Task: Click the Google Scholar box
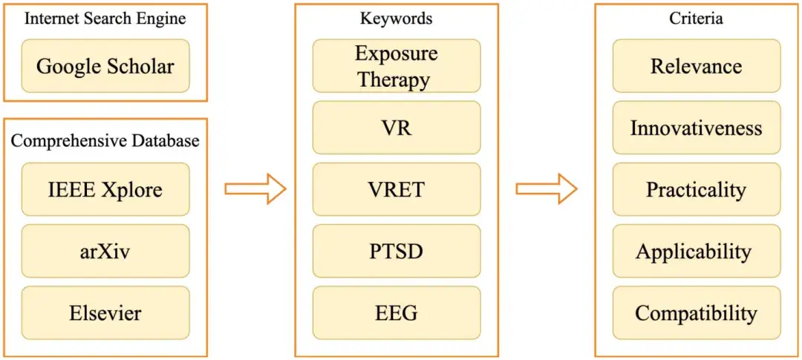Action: click(105, 66)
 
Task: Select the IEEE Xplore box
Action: click(105, 189)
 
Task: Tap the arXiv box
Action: click(105, 251)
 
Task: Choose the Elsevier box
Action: click(105, 312)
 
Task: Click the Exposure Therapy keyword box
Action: click(396, 66)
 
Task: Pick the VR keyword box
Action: click(396, 128)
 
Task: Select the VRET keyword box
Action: click(396, 189)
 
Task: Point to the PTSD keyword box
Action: click(396, 251)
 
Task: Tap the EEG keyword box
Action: click(396, 312)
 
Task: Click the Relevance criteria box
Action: click(696, 66)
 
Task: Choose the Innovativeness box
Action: click(696, 128)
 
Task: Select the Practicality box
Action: click(696, 189)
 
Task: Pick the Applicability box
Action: click(696, 251)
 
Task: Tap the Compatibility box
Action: click(696, 312)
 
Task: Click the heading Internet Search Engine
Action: click(105, 19)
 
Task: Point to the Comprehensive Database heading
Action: click(105, 141)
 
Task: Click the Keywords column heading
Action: click(396, 19)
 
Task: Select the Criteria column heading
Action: click(696, 19)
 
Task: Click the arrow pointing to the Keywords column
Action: click(255, 189)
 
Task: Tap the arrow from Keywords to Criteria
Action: click(546, 189)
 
